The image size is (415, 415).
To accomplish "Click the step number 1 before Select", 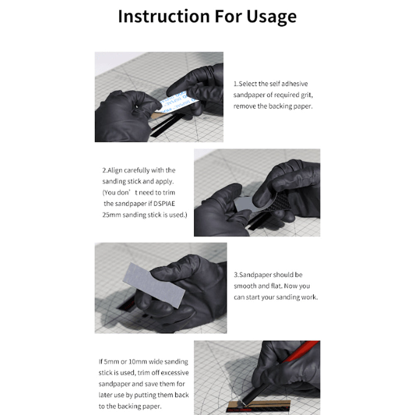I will click(x=235, y=84).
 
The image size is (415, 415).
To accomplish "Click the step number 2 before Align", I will click(x=104, y=170).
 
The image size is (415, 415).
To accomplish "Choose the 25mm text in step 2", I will click(x=112, y=215).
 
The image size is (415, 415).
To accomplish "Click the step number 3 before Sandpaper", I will click(x=236, y=275).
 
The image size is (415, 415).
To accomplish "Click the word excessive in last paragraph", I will click(x=174, y=373).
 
